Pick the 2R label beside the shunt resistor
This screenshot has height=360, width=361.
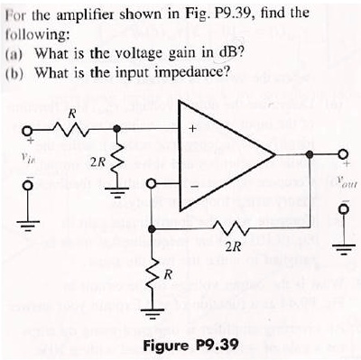click(x=95, y=162)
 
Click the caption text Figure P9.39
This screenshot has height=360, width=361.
click(x=186, y=345)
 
